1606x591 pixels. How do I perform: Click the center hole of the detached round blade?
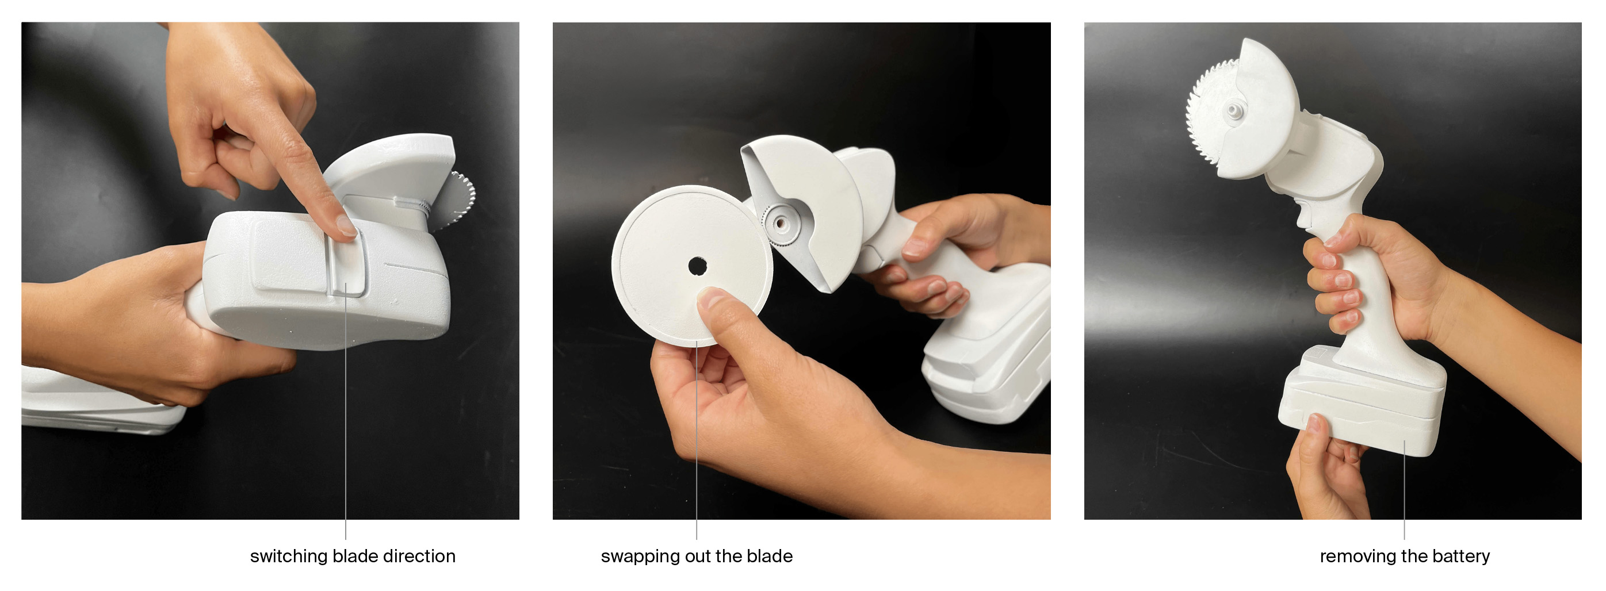click(x=697, y=266)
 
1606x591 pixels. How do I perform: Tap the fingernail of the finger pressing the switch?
click(x=346, y=226)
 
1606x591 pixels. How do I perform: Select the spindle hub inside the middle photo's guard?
click(x=779, y=222)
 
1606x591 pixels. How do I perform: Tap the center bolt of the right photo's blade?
click(x=1233, y=111)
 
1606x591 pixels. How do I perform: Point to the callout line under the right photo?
click(x=1405, y=490)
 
